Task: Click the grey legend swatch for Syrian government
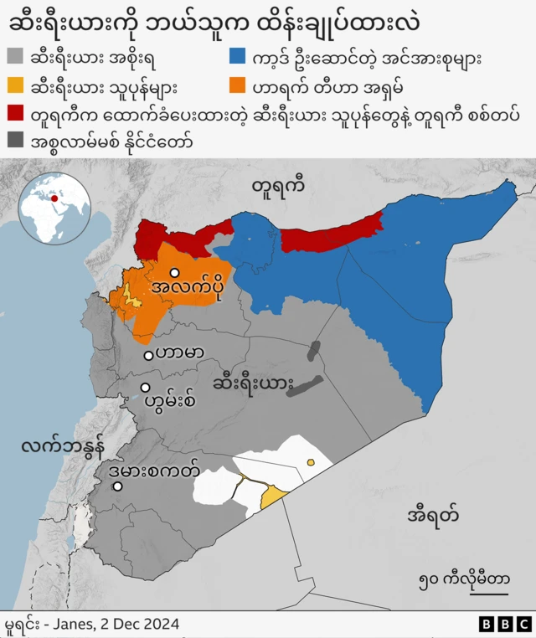[14, 57]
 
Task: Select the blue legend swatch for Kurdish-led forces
[239, 57]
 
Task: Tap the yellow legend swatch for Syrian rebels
[14, 85]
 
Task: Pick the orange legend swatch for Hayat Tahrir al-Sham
[239, 85]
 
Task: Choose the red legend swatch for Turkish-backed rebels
[14, 114]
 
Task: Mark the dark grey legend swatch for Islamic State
[14, 141]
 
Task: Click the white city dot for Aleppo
[174, 273]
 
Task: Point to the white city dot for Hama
[148, 355]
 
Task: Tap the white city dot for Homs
[146, 388]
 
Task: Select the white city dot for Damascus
[118, 486]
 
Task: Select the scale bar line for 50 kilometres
[482, 594]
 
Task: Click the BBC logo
[504, 624]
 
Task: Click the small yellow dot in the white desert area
[311, 461]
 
